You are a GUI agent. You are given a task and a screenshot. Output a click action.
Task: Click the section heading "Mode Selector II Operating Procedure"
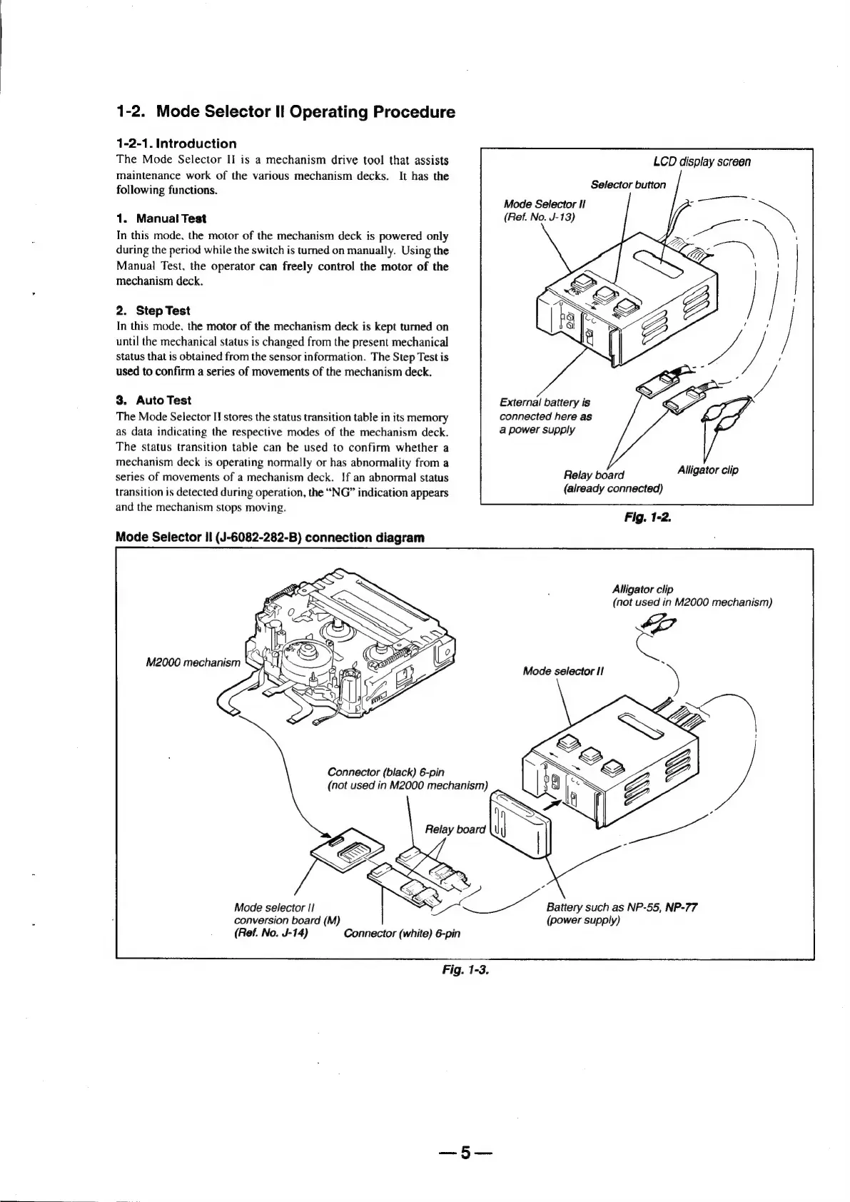pyautogui.click(x=305, y=112)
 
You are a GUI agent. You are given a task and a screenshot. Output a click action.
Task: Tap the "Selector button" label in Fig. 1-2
pyautogui.click(x=627, y=185)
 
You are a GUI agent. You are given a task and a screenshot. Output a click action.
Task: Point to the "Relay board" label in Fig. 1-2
pyautogui.click(x=593, y=475)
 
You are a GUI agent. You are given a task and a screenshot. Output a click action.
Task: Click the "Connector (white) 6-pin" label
pyautogui.click(x=402, y=934)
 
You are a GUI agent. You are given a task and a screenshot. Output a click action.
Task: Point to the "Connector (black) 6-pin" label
pyautogui.click(x=385, y=772)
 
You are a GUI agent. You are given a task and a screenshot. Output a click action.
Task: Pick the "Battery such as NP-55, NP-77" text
pyautogui.click(x=621, y=908)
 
